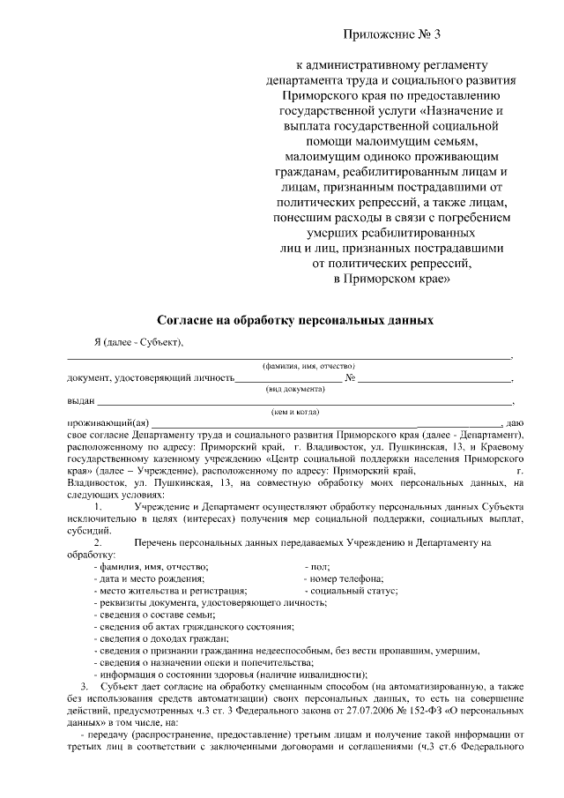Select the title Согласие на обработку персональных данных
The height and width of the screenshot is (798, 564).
[294, 321]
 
